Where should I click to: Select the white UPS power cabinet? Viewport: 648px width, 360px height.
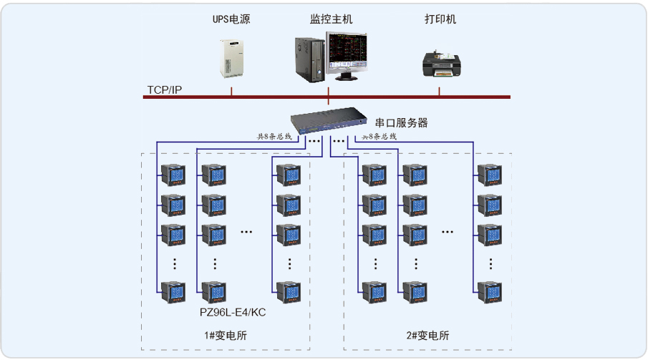click(231, 59)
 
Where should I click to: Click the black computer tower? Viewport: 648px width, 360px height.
click(309, 57)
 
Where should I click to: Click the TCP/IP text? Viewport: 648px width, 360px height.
click(165, 89)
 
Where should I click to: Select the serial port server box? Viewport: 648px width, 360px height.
click(326, 119)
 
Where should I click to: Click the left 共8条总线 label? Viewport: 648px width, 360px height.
click(275, 136)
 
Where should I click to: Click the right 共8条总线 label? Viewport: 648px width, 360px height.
click(379, 136)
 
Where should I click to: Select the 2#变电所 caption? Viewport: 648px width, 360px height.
click(427, 335)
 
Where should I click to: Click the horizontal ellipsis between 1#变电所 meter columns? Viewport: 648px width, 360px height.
click(247, 232)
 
